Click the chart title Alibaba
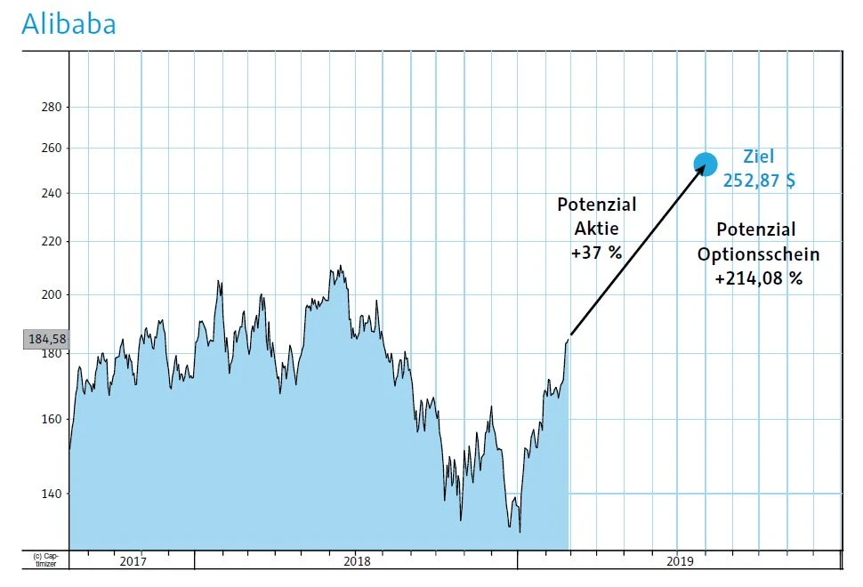pyautogui.click(x=69, y=24)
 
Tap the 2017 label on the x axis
pyautogui.click(x=133, y=561)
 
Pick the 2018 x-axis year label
pyautogui.click(x=357, y=561)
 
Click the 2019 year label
pyautogui.click(x=679, y=561)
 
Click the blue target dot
pyautogui.click(x=705, y=164)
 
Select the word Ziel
pyautogui.click(x=759, y=157)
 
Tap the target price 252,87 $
pyautogui.click(x=758, y=181)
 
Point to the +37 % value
pyautogui.click(x=596, y=253)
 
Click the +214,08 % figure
pyautogui.click(x=758, y=278)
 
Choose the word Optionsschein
pyautogui.click(x=758, y=254)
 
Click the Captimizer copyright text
pyautogui.click(x=44, y=559)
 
